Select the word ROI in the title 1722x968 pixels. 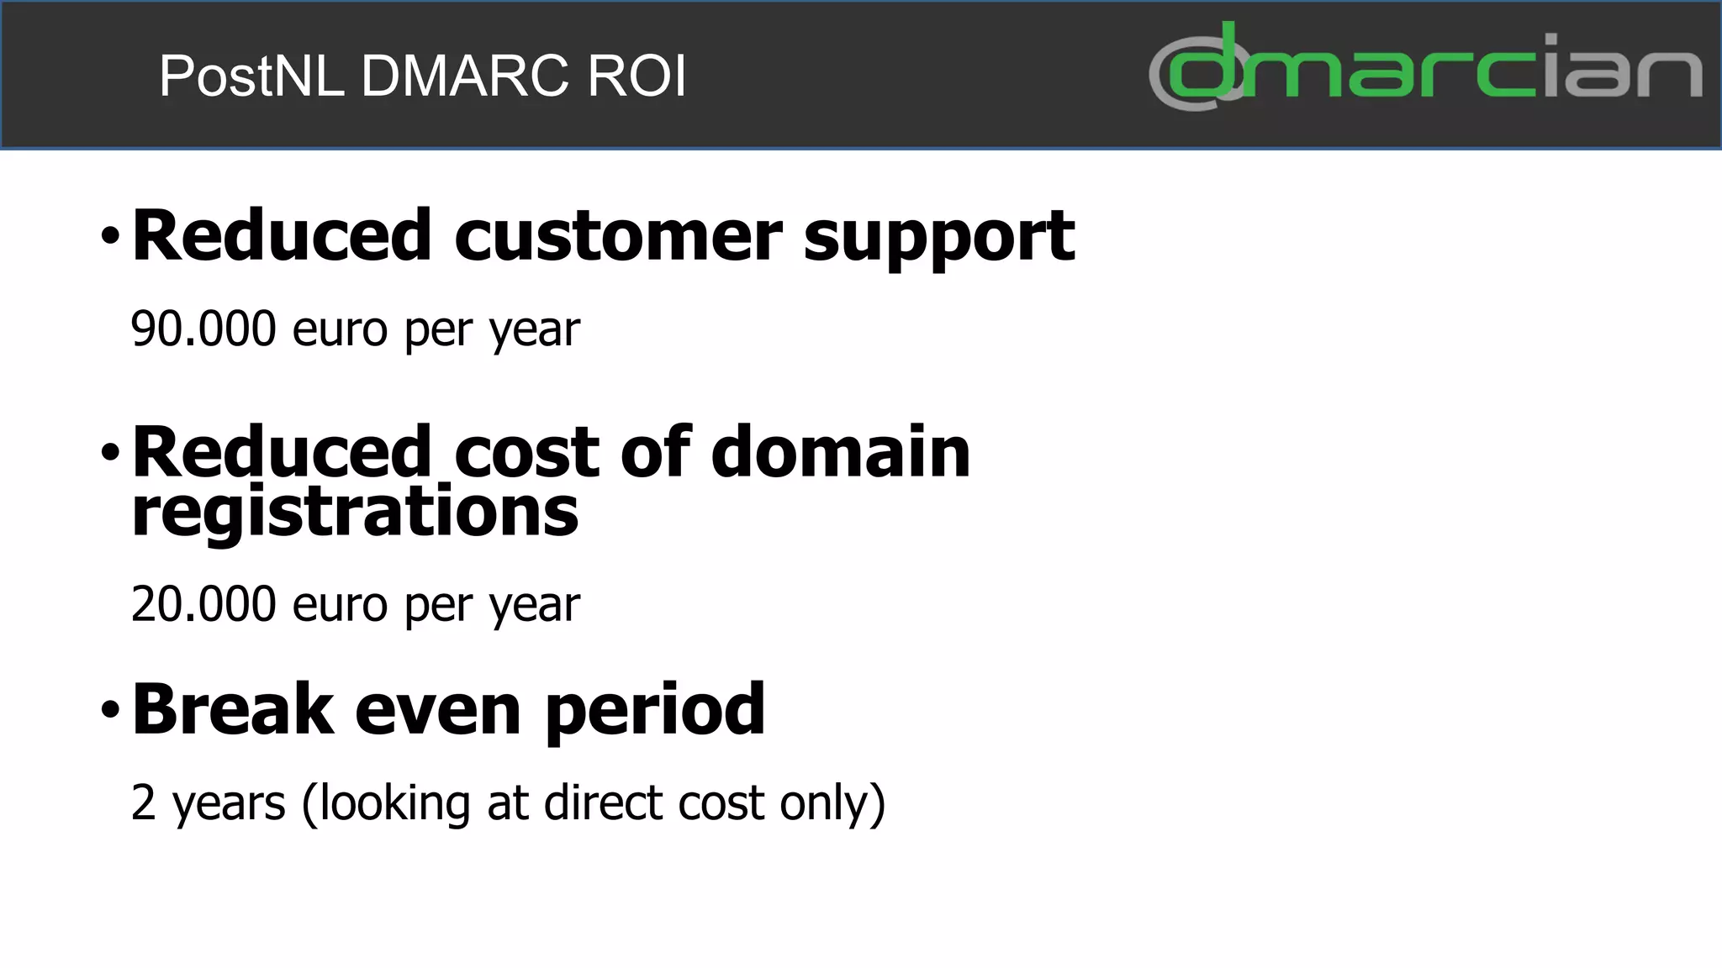[637, 76]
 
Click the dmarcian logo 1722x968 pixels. [1425, 67]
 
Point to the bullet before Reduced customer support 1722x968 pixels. [110, 236]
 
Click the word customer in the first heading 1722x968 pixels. [618, 236]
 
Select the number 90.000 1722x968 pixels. [203, 329]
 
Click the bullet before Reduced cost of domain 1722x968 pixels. [110, 453]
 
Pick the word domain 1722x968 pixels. [841, 453]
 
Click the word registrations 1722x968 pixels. [355, 513]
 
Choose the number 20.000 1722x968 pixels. [203, 604]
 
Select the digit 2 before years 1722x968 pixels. [144, 802]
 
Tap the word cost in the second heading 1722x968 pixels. [526, 453]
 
